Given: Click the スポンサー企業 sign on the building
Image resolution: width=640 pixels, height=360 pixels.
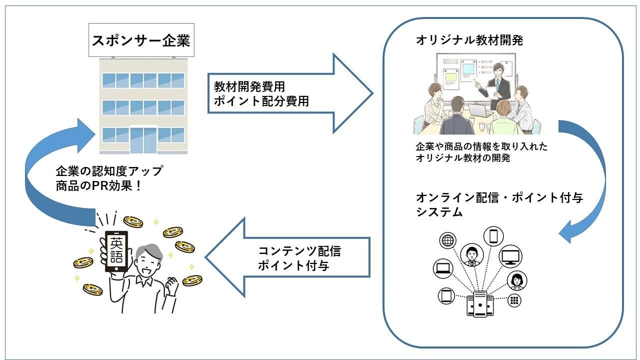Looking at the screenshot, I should (141, 40).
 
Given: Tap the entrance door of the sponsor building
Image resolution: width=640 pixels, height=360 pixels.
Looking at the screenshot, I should (143, 139).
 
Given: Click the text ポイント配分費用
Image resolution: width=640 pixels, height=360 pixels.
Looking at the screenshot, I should (260, 101).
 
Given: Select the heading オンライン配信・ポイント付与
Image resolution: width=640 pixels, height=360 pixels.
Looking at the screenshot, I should (499, 197).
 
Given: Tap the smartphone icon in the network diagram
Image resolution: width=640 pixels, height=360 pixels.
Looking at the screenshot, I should (493, 235).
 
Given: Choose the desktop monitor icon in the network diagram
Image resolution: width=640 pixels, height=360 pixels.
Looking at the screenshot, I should (510, 256).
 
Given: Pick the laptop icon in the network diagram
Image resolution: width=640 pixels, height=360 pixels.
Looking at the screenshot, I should (442, 269).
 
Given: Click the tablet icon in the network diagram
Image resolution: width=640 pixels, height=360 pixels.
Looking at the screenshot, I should (446, 295).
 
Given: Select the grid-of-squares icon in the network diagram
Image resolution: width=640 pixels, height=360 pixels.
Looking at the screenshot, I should (514, 300).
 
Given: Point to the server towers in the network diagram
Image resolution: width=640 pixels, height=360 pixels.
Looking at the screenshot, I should (480, 304).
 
